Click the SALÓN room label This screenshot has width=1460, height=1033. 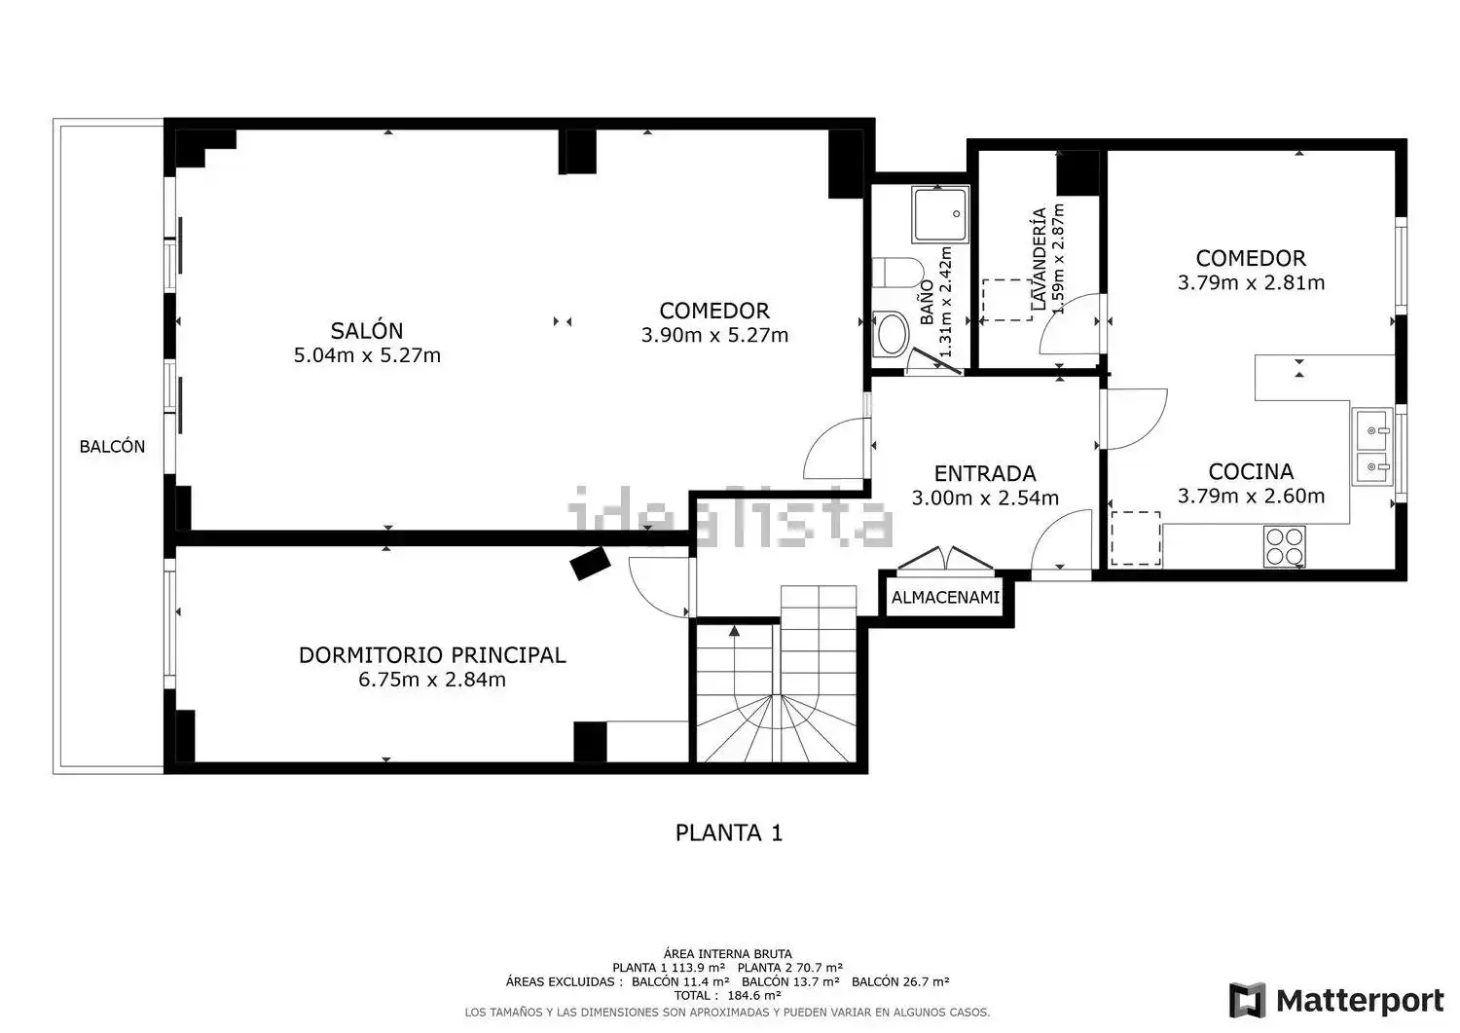point(366,331)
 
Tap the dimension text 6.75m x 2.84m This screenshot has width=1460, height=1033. point(431,680)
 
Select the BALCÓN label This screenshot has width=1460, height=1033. point(112,447)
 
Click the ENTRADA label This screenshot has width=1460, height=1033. point(985,473)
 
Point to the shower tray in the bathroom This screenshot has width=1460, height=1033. point(940,214)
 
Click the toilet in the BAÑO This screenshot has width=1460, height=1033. point(898,272)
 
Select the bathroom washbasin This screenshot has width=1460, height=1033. point(892,334)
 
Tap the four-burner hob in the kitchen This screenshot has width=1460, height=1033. point(1284,546)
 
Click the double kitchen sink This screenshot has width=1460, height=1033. point(1372,447)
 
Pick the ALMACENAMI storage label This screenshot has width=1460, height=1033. point(945,598)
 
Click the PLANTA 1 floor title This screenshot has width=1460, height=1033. point(729,832)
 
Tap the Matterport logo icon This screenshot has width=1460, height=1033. point(1248,1001)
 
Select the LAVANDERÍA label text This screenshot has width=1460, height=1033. point(1039,259)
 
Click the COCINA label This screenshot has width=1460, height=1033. point(1251,471)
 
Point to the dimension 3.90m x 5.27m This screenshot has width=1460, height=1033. point(714,335)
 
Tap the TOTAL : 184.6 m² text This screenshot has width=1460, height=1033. point(727,995)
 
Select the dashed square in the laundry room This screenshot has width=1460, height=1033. point(1007,300)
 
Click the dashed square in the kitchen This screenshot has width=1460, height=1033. point(1136,538)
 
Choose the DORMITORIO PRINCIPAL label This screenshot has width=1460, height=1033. point(432,655)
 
